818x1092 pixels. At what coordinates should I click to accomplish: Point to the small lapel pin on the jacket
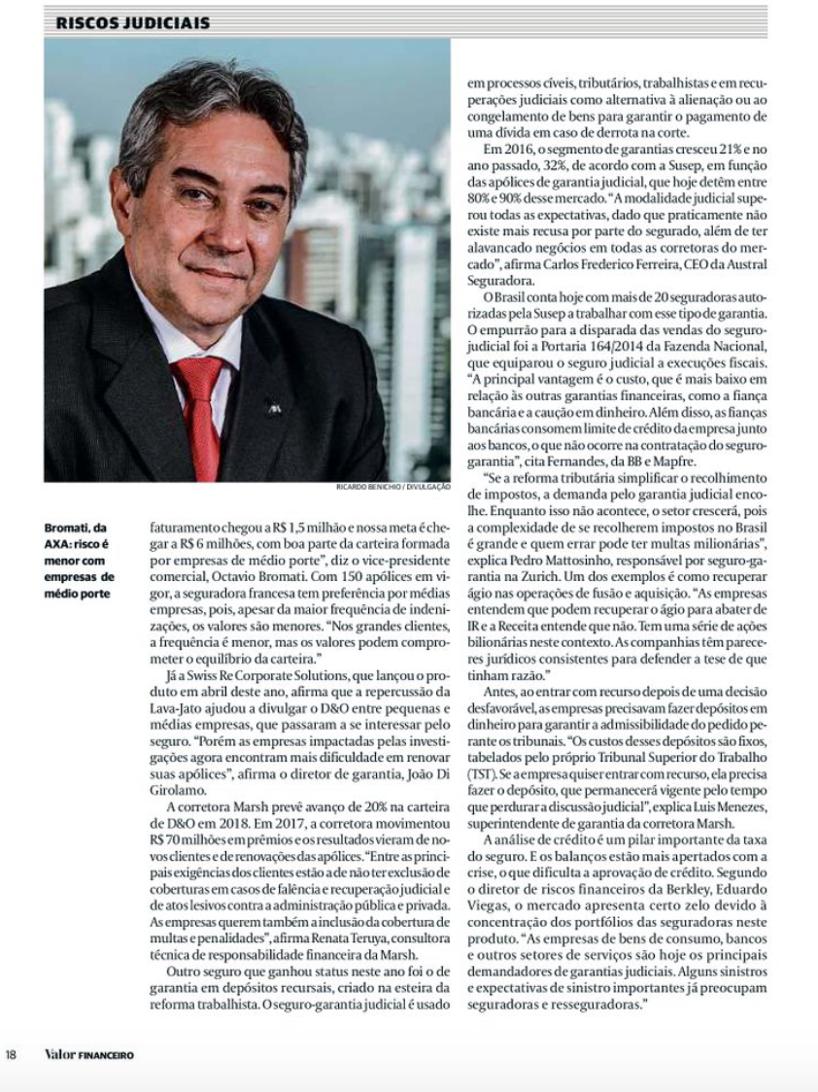[274, 409]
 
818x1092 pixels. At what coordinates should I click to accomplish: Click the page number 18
[11, 1055]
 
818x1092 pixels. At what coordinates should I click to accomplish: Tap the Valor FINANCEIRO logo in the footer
[88, 1055]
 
